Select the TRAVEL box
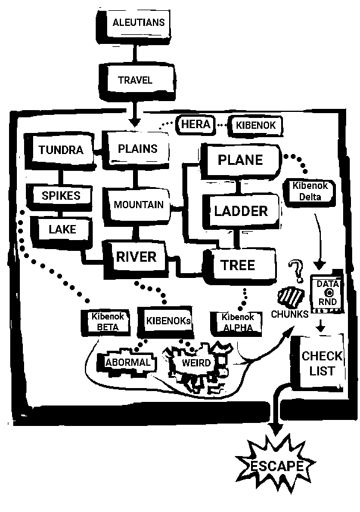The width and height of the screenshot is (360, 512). point(136,81)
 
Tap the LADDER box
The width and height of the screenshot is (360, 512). point(241,211)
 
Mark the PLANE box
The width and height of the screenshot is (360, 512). point(240,161)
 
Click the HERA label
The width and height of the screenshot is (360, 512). point(196,125)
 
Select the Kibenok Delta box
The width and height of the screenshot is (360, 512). point(309,193)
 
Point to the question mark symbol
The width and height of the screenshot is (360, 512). point(297,271)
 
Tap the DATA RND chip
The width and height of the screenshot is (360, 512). point(327,292)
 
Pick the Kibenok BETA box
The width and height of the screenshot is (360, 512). point(106,322)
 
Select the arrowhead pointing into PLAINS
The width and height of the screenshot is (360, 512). point(134,122)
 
